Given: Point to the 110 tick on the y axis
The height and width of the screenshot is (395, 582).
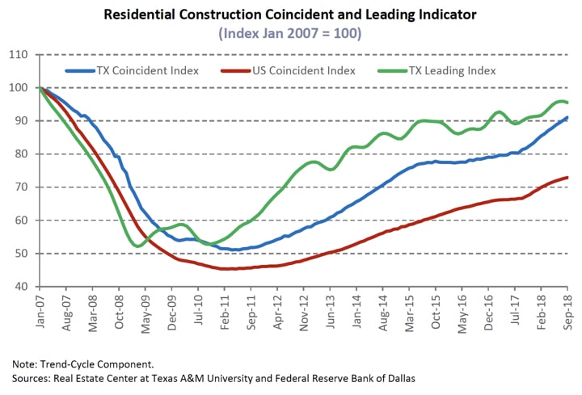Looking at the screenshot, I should (x=18, y=55).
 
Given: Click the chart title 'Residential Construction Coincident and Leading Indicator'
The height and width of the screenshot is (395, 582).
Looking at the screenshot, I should (x=291, y=15).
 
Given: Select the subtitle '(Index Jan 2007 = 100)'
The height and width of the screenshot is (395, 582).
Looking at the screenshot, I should (x=291, y=33).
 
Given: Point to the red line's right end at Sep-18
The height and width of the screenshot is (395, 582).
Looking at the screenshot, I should (x=567, y=178).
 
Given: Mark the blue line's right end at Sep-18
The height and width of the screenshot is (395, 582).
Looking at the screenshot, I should (x=567, y=118).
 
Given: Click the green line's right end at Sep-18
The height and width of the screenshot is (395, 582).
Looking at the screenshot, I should (x=567, y=103).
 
